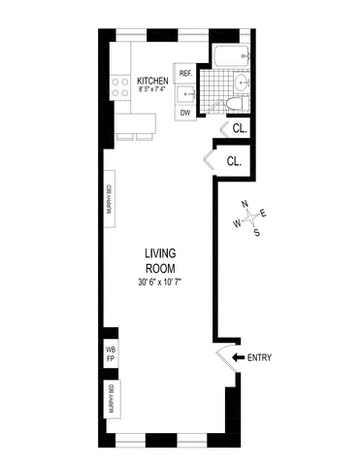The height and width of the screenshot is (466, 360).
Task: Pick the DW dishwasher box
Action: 185,113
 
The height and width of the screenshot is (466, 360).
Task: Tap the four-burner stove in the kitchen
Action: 123,85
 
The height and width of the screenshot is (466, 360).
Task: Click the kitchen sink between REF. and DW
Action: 187,94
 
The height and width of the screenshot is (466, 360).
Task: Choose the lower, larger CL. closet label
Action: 235,160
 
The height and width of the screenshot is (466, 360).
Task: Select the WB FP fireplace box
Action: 110,351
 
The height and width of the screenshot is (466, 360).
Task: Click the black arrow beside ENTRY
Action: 239,358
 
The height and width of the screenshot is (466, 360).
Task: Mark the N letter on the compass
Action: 246,207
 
